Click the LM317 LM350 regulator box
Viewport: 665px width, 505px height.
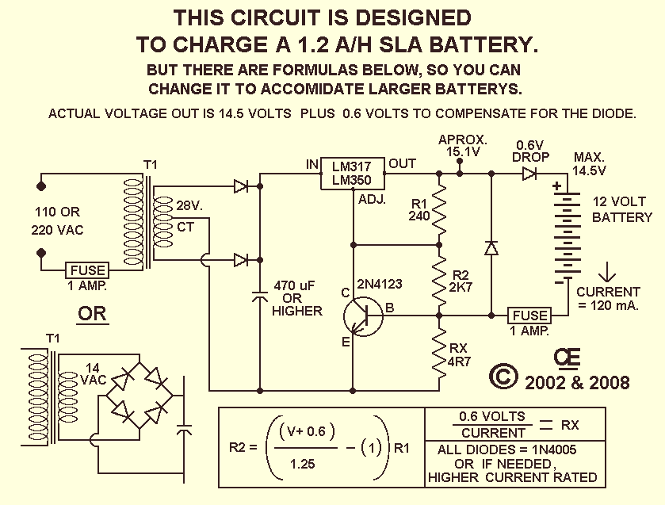(352, 174)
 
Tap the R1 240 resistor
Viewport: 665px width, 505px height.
(439, 209)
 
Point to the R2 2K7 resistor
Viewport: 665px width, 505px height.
(439, 280)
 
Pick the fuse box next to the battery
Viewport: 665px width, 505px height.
(529, 316)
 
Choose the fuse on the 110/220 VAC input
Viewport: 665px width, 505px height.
(87, 270)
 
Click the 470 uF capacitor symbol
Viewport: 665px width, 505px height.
(260, 296)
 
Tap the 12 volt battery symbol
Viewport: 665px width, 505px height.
(568, 233)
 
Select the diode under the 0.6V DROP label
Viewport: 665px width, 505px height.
(529, 174)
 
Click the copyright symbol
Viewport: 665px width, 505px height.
(503, 377)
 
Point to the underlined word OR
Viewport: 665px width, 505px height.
(93, 314)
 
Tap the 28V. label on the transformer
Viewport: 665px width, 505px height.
(189, 206)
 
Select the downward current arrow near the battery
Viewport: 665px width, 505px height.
(607, 272)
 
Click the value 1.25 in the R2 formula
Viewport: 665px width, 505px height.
(303, 464)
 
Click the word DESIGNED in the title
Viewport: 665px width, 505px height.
(412, 17)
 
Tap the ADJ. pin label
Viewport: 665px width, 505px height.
(372, 199)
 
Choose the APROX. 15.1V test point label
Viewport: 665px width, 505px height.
(463, 146)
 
